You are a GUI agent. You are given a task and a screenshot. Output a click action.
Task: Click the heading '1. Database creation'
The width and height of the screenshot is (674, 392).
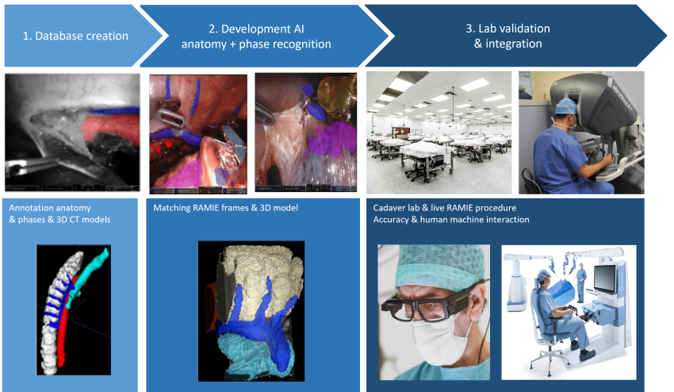coord(75,36)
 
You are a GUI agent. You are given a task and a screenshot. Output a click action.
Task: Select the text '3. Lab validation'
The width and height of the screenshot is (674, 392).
coord(507,29)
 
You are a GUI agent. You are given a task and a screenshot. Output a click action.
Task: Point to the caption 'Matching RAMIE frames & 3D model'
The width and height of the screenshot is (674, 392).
coord(225,208)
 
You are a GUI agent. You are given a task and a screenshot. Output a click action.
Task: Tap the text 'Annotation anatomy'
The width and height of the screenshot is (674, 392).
coord(50,208)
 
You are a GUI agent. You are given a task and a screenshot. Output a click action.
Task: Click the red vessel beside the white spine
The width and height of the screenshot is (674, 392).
coord(65,327)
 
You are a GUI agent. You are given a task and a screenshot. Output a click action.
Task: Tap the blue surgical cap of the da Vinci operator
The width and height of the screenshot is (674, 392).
coord(565,106)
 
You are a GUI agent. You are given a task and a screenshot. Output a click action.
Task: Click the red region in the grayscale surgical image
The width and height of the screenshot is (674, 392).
coord(109,128)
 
